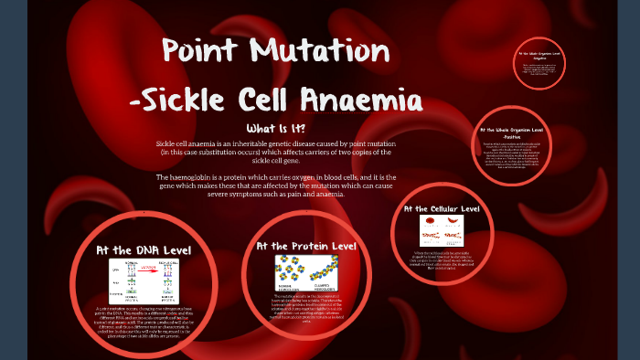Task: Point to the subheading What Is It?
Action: tap(276, 129)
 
